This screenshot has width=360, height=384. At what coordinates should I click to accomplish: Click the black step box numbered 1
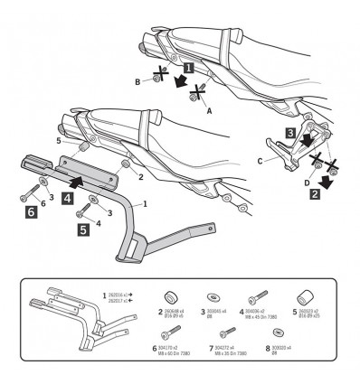coord(187,67)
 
